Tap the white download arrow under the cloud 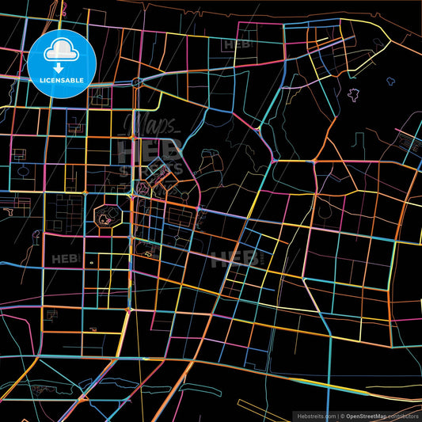pyautogui.click(x=62, y=68)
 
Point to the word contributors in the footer pyautogui.click(x=404, y=415)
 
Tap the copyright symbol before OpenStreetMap pyautogui.click(x=342, y=415)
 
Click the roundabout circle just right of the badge pyautogui.click(x=137, y=82)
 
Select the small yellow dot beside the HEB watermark pyautogui.click(x=92, y=262)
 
